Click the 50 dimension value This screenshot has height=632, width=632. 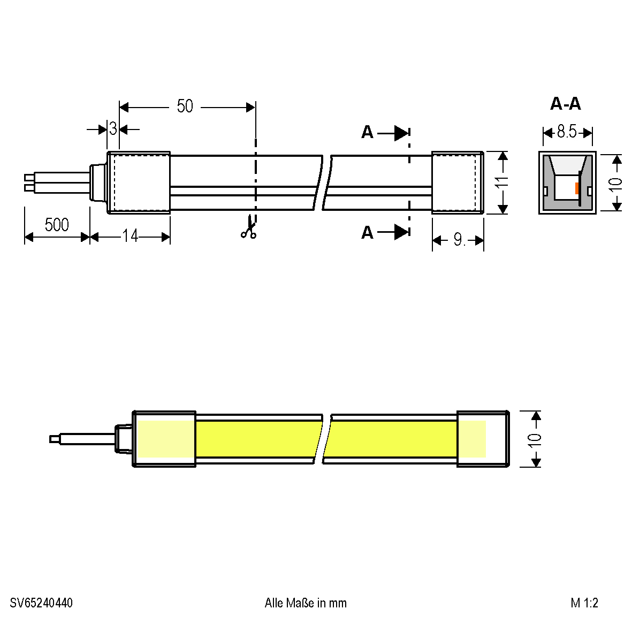(x=185, y=106)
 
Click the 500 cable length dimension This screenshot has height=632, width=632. (x=57, y=225)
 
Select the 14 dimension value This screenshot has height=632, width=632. (x=130, y=236)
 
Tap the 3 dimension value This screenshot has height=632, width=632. (x=113, y=129)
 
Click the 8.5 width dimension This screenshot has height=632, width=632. (x=567, y=132)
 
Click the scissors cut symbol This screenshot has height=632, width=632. (x=248, y=227)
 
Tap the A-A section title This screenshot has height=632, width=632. (x=565, y=104)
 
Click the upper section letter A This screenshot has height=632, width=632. (x=367, y=132)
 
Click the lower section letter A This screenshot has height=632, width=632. (x=367, y=232)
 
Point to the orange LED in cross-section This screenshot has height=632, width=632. (x=576, y=188)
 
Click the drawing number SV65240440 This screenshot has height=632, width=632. (x=41, y=603)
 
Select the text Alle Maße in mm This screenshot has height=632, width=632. (x=306, y=603)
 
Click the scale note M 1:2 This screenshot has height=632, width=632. (x=584, y=603)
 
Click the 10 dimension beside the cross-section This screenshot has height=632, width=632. (x=616, y=182)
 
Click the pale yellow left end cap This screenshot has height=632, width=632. (x=165, y=439)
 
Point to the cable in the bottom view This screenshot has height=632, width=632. (x=86, y=439)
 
